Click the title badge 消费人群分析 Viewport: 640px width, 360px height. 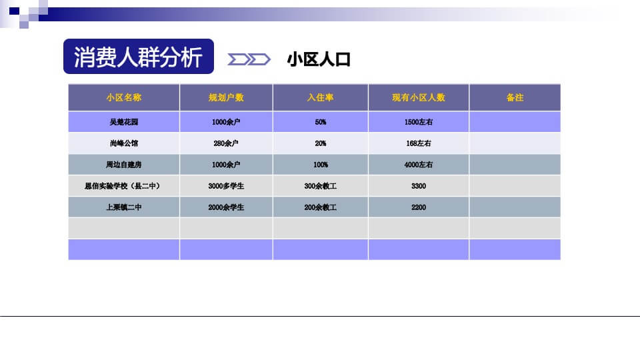tap(138, 57)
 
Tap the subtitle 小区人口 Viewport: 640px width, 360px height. tap(319, 59)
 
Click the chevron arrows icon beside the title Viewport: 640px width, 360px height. tap(249, 60)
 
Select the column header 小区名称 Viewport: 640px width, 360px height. tap(124, 97)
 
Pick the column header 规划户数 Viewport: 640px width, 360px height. tap(226, 97)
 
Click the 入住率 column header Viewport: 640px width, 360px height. tap(320, 97)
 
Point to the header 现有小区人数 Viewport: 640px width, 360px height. tap(418, 97)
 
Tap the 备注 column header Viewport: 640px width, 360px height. tap(515, 97)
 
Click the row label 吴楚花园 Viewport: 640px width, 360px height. tap(124, 122)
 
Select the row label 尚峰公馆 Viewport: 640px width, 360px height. tap(124, 143)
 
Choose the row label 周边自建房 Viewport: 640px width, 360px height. tap(124, 165)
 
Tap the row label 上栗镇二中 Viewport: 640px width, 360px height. tap(124, 207)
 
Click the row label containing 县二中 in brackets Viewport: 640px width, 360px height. tap(124, 186)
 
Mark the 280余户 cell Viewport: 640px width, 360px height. tap(226, 143)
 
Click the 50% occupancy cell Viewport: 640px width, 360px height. tap(320, 122)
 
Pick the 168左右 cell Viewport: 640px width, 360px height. tap(418, 143)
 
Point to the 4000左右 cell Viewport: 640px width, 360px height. tap(418, 165)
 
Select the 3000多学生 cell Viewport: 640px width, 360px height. tap(226, 186)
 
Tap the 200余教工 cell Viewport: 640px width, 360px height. tap(320, 207)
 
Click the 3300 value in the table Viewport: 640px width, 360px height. tap(418, 186)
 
